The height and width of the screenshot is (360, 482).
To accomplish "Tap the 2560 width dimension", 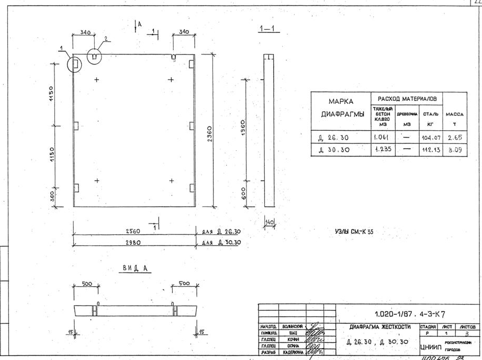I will (132, 231).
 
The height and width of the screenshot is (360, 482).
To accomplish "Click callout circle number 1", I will (75, 64).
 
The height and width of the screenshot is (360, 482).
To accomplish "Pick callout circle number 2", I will (94, 55).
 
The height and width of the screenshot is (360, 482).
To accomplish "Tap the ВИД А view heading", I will (136, 268).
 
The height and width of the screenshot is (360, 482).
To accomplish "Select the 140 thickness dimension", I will (270, 222).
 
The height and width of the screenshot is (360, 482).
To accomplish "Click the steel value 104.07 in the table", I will (429, 139).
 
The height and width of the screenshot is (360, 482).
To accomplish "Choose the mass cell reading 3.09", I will (454, 150).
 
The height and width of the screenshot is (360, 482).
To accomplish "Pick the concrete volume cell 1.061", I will (381, 138).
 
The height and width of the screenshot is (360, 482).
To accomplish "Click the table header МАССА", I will (454, 114).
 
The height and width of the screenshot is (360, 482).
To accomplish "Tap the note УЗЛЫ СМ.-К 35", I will (351, 231).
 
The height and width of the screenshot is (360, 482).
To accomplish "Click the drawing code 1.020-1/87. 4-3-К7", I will (410, 314).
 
